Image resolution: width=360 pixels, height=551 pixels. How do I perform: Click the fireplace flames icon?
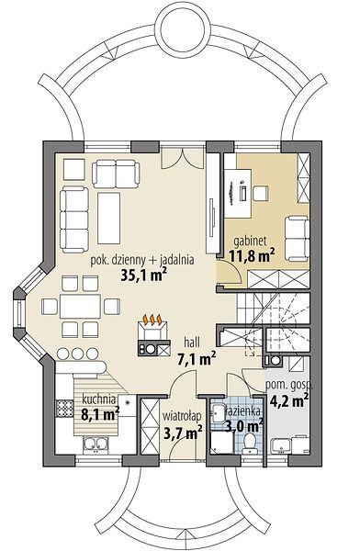tap(152, 320)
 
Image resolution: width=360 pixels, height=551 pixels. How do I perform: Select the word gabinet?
tap(251, 241)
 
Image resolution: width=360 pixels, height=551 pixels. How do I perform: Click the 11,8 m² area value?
tap(252, 255)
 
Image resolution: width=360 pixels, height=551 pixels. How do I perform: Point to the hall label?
tap(192, 342)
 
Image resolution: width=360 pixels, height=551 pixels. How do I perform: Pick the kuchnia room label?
tap(99, 399)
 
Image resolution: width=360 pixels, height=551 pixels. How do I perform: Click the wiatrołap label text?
tap(182, 416)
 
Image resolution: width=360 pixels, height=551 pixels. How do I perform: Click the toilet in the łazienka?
tap(250, 443)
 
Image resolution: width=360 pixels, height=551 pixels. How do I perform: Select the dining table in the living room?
tap(80, 306)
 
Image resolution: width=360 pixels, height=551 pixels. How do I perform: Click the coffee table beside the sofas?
tap(109, 219)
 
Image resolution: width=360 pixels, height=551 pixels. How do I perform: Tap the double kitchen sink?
tap(95, 444)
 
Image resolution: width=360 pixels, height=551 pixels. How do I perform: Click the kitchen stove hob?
tap(64, 408)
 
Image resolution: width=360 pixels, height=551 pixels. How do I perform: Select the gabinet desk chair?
tap(261, 194)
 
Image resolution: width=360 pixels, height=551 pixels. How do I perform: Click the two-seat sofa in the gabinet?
tap(297, 238)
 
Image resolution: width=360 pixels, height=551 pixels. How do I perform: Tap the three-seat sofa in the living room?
tap(74, 219)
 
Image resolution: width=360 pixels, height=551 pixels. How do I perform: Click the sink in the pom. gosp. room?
tap(281, 446)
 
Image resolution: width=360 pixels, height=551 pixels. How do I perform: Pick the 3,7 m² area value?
tap(183, 432)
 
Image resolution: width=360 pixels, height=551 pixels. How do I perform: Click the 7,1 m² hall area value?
tap(197, 359)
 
